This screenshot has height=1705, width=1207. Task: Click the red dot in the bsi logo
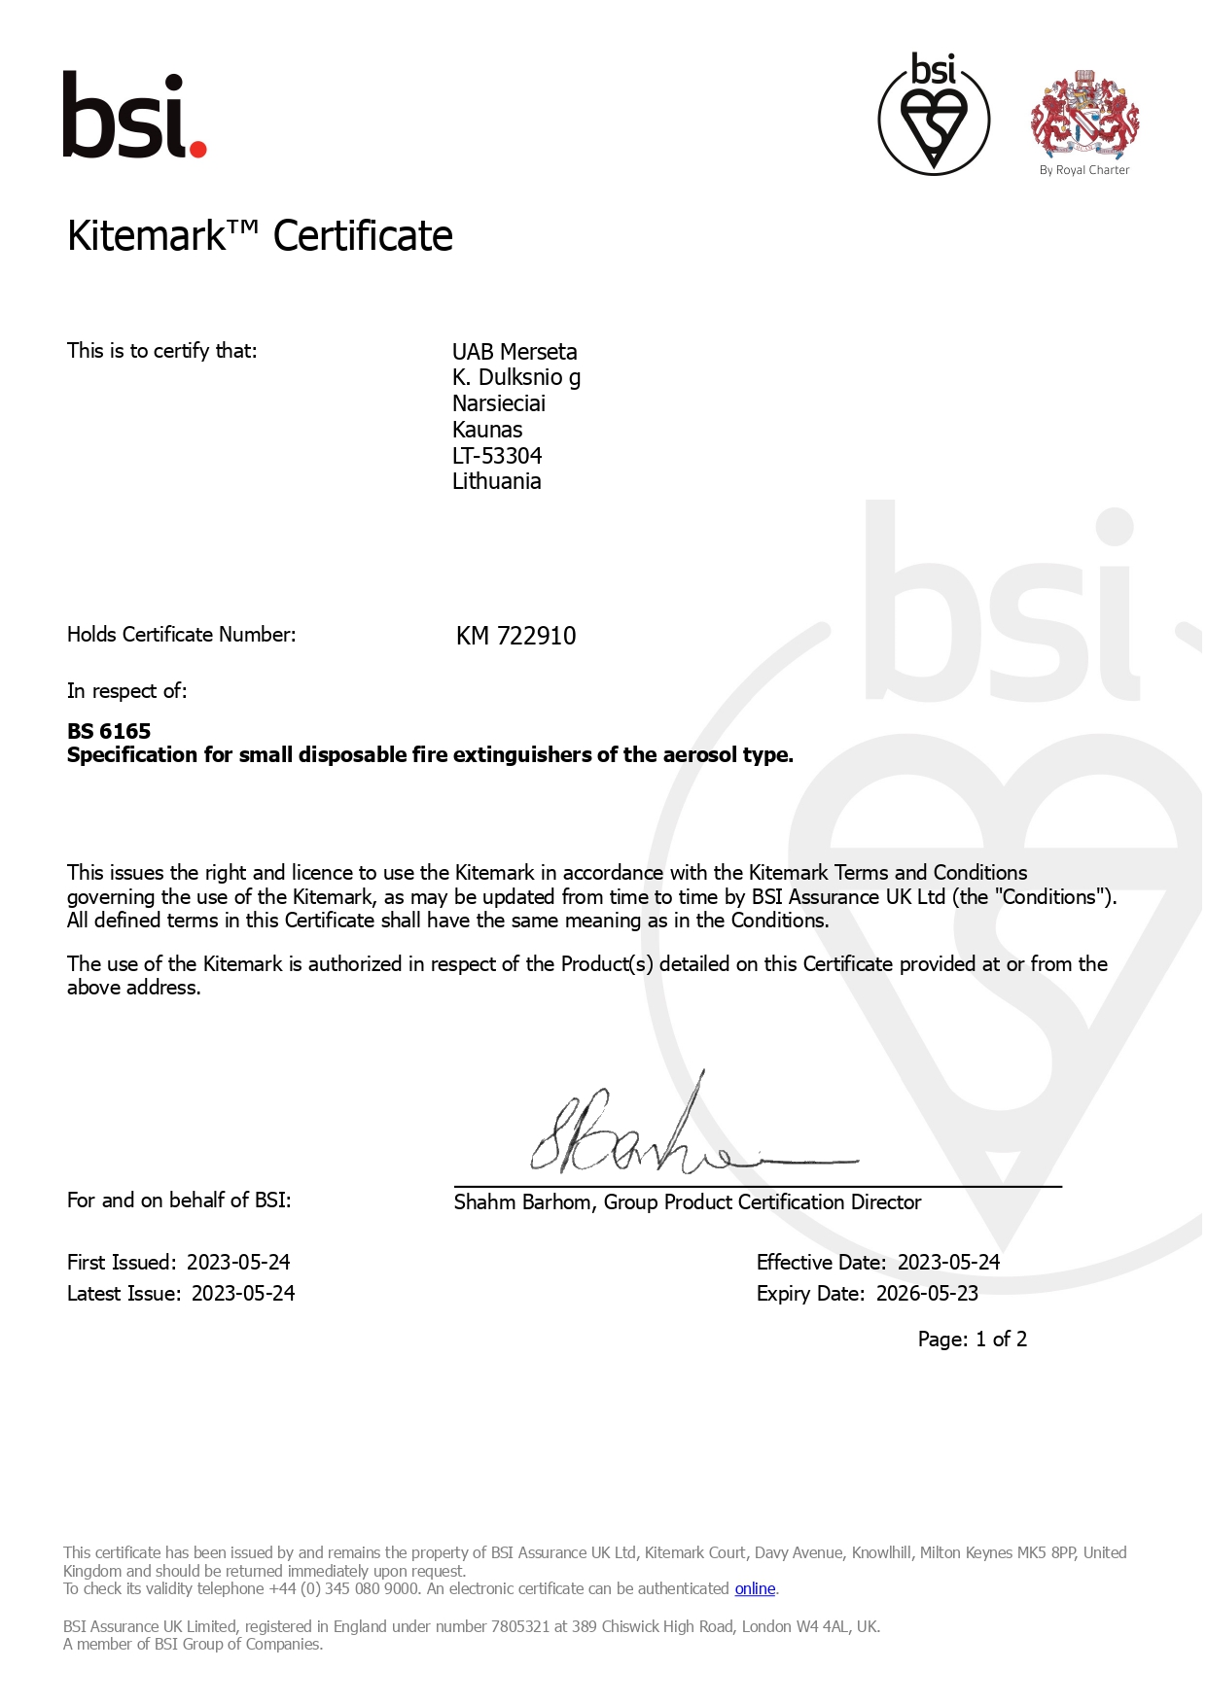pos(197,149)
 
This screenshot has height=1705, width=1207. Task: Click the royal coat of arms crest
pos(1084,114)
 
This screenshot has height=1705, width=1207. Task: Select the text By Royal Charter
pos(1084,170)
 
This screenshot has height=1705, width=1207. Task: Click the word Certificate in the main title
pos(363,236)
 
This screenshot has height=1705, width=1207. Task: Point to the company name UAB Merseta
pos(515,352)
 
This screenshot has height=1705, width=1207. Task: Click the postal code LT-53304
pos(497,456)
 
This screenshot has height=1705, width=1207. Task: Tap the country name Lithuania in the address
pos(496,481)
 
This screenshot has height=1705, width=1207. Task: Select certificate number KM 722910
pos(515,636)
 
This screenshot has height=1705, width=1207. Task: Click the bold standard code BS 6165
pos(109,731)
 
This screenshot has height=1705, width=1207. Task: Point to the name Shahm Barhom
pos(522,1202)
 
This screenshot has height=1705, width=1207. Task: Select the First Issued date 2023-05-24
pos(238,1263)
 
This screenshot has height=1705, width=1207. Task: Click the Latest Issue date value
pos(243,1294)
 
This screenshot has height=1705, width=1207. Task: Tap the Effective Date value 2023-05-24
pos(948,1263)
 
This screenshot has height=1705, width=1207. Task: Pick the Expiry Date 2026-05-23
pos(927,1294)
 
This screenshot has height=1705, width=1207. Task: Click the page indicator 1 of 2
pos(1001,1340)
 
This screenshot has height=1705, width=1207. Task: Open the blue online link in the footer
pos(755,1589)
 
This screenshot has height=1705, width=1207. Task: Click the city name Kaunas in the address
pos(487,430)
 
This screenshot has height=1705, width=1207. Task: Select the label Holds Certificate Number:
pos(181,635)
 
